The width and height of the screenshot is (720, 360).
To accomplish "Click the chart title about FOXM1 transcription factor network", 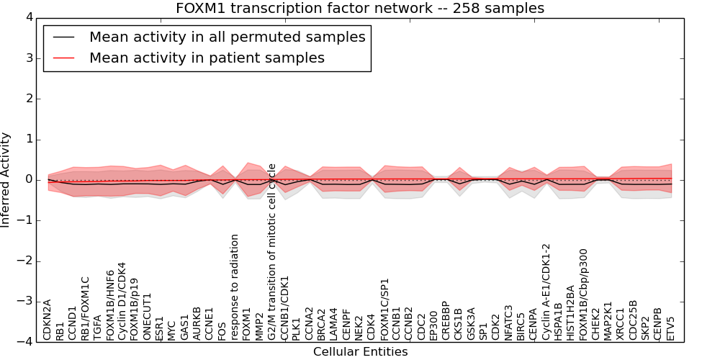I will click(360, 8).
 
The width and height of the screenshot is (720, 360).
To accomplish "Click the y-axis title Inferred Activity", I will click(6, 180).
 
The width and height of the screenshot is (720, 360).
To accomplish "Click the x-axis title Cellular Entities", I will click(360, 352).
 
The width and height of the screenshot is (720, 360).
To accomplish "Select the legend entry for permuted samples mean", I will click(227, 37).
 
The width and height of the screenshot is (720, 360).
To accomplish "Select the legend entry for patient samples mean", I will click(207, 58).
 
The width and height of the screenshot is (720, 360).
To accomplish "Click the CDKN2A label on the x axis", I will click(48, 320).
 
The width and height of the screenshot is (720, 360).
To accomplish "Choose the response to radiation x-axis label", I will click(235, 287).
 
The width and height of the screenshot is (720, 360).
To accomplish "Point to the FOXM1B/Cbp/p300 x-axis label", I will click(584, 294).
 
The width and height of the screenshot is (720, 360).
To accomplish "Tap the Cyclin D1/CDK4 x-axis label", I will click(122, 300).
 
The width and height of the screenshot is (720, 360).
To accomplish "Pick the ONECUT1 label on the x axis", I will click(148, 316).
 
